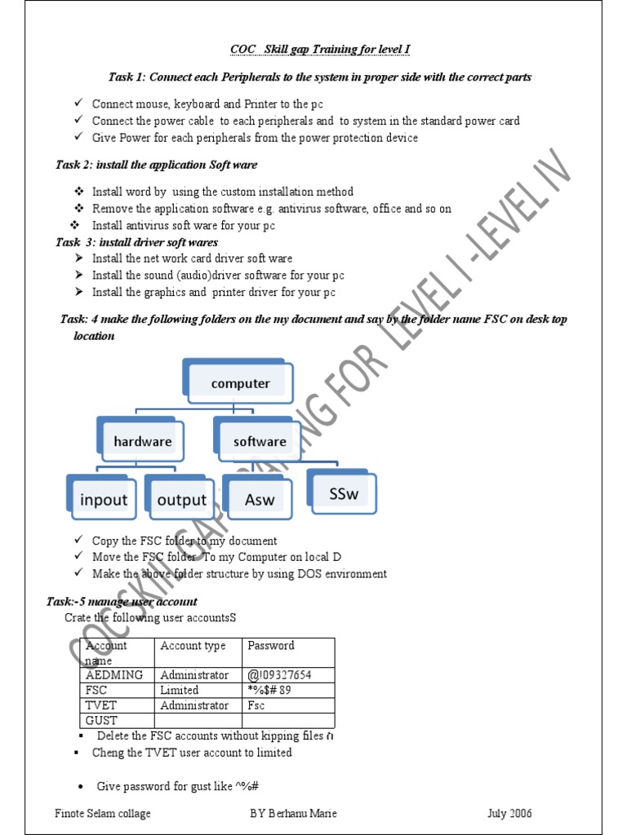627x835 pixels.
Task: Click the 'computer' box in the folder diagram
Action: [240, 383]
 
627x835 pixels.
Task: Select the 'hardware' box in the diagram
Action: [143, 441]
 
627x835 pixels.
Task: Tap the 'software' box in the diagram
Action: [260, 441]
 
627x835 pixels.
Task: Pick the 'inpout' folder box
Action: [104, 499]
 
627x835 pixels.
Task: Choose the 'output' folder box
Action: [181, 499]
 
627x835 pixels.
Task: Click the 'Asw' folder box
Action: [260, 499]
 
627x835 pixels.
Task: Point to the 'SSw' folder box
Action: [344, 494]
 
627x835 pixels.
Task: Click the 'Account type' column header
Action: [193, 646]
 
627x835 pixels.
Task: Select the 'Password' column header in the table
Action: [271, 646]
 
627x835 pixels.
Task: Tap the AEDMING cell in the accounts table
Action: [114, 675]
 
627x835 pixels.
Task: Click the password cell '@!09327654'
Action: [280, 675]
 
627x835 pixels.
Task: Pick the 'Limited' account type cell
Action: [180, 690]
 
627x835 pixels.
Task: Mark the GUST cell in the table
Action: [103, 721]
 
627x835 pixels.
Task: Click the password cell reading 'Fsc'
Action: [258, 705]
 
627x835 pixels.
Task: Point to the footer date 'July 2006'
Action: [509, 813]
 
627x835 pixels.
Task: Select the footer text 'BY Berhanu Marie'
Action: [293, 813]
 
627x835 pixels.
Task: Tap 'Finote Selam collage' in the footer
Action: [103, 813]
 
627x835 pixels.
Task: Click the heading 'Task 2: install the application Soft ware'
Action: [156, 165]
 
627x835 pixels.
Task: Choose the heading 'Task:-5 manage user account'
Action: [122, 602]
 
